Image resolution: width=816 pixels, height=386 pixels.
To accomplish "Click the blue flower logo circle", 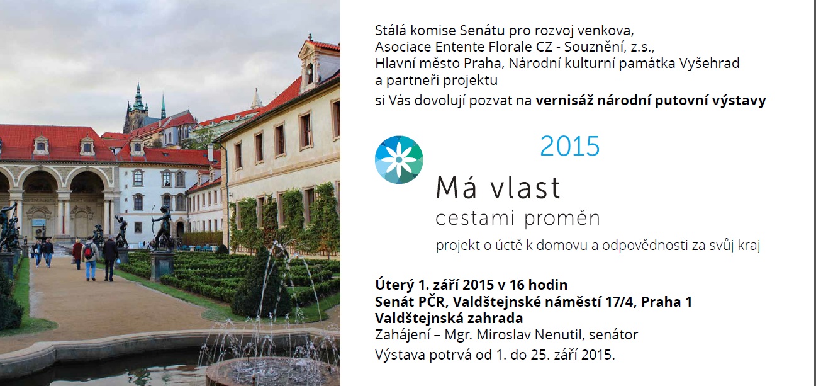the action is [399, 160].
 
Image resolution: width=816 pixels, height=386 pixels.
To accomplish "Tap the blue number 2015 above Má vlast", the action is [570, 147].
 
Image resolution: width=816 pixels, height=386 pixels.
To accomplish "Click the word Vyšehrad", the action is [709, 64].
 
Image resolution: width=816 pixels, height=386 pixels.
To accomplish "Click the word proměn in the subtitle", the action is [562, 218].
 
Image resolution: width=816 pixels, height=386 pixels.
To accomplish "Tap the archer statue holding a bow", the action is [162, 227].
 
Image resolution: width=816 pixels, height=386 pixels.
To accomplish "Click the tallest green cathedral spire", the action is [138, 96].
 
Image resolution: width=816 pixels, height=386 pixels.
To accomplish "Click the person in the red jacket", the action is [77, 254].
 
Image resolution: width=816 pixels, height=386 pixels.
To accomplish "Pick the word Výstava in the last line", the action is [400, 355].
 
